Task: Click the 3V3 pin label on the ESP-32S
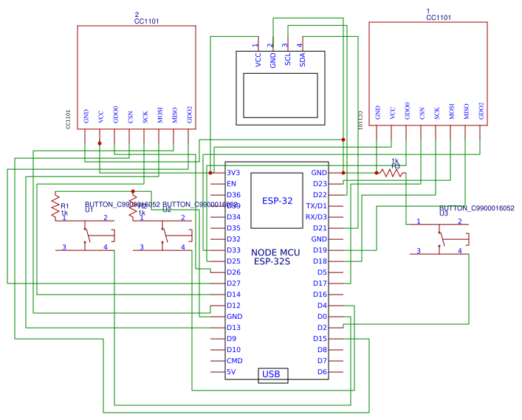(x=233, y=173)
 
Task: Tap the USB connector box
(x=272, y=375)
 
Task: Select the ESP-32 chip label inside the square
(x=277, y=200)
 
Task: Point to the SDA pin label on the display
(x=302, y=60)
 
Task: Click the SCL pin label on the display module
(x=287, y=60)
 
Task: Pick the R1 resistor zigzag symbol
(x=55, y=206)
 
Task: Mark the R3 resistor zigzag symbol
(x=391, y=173)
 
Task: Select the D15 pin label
(x=320, y=339)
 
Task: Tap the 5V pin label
(x=231, y=372)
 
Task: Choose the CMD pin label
(x=234, y=361)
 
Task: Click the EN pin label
(x=231, y=184)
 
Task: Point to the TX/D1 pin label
(x=316, y=206)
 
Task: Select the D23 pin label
(x=320, y=184)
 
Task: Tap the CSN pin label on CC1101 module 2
(x=130, y=115)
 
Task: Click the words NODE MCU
(x=275, y=252)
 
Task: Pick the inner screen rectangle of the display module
(x=280, y=94)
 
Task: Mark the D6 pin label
(x=322, y=372)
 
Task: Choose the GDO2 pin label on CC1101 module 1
(x=481, y=111)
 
